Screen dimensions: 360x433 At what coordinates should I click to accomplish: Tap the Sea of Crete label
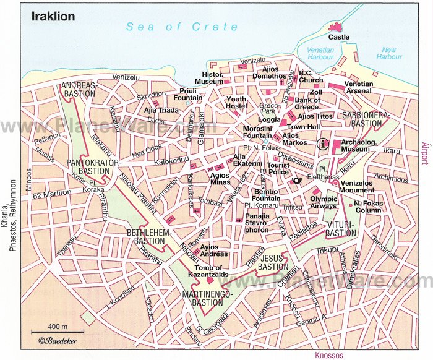(181, 27)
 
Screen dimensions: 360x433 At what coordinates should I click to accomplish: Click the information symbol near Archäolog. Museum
(322, 144)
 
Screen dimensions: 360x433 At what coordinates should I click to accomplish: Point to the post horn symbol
(298, 181)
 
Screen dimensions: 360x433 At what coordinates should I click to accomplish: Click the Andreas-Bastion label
(78, 90)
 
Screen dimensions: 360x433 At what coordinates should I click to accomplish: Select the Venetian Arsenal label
(359, 88)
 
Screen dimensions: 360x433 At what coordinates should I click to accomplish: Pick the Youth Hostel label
(236, 103)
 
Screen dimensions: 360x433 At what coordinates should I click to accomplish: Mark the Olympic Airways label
(324, 202)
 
